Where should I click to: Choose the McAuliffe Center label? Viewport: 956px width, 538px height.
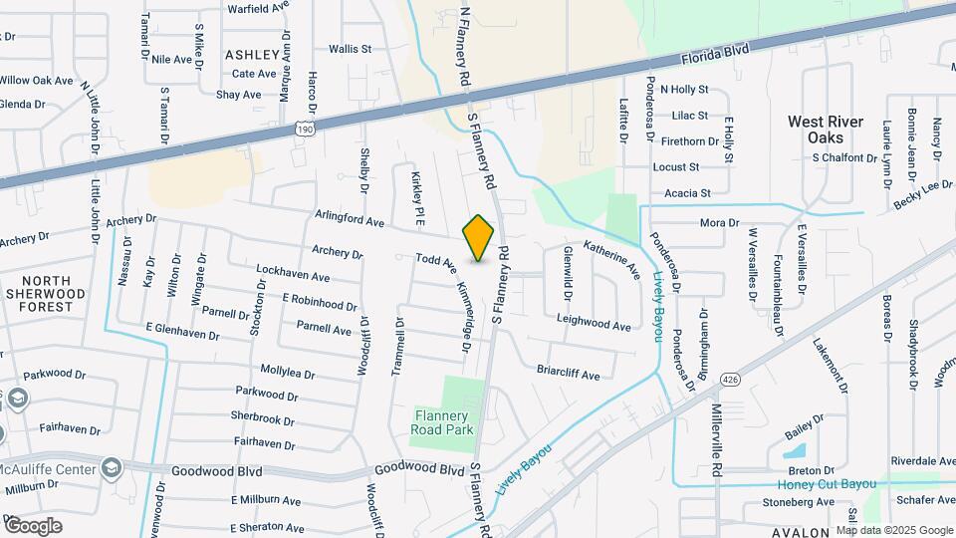(x=48, y=469)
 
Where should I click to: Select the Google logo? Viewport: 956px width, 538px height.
(x=33, y=525)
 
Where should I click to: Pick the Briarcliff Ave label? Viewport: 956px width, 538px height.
(x=569, y=375)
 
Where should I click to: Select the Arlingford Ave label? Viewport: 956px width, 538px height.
(x=349, y=219)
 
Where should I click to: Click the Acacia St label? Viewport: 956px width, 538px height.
(x=687, y=193)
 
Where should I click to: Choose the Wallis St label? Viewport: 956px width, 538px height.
(x=350, y=48)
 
